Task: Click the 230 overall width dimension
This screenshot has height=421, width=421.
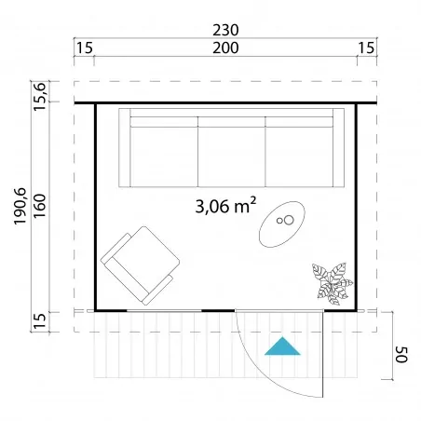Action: pyautogui.click(x=225, y=30)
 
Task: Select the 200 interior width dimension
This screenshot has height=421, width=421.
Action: pyautogui.click(x=225, y=48)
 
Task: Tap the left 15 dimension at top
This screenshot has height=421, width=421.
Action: pyautogui.click(x=85, y=48)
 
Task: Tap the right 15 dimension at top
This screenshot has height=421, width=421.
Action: pyautogui.click(x=366, y=48)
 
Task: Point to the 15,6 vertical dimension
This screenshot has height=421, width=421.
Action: pyautogui.click(x=40, y=97)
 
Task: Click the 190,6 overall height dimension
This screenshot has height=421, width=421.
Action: pyautogui.click(x=20, y=206)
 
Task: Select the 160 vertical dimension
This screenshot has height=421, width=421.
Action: pyautogui.click(x=40, y=206)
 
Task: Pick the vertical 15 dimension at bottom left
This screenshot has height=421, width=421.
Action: pyautogui.click(x=40, y=321)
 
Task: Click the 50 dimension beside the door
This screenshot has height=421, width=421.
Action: pyautogui.click(x=401, y=355)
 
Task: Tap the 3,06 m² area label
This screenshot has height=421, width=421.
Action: pyautogui.click(x=225, y=206)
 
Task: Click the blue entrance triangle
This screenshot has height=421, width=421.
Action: pyautogui.click(x=282, y=346)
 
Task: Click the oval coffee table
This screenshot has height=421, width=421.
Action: pyautogui.click(x=282, y=224)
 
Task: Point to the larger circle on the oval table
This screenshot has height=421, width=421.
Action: pyautogui.click(x=289, y=220)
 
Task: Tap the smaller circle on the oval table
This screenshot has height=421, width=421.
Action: pyautogui.click(x=279, y=221)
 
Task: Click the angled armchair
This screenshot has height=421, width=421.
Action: pyautogui.click(x=141, y=265)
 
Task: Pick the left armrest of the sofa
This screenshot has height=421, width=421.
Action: pyautogui.click(x=125, y=148)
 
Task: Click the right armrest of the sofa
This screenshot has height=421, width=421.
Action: pyautogui.click(x=339, y=148)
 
